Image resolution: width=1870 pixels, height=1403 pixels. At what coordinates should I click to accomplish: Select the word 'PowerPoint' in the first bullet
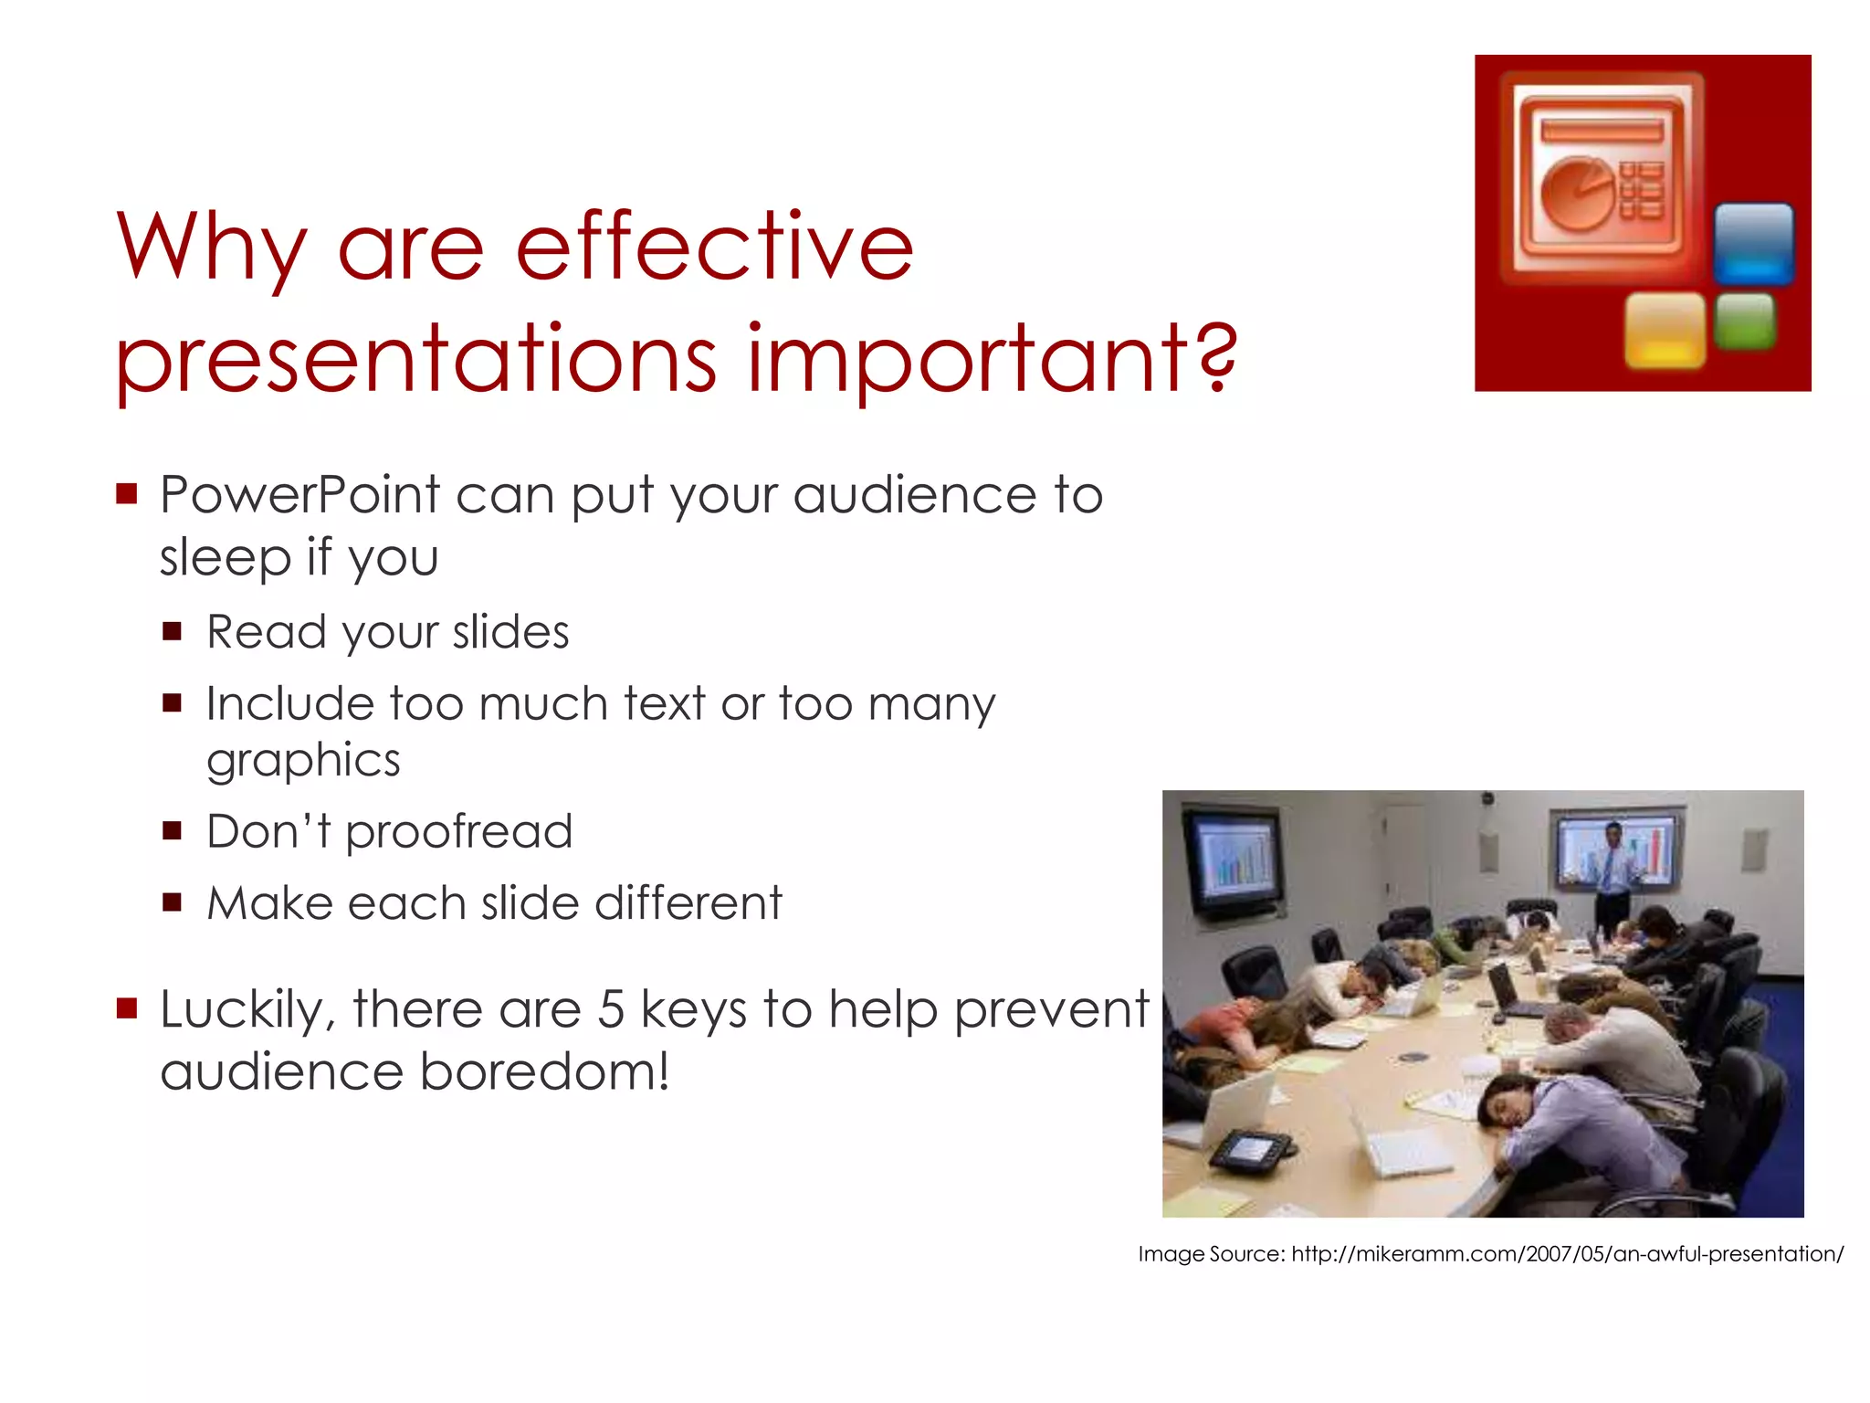tap(299, 495)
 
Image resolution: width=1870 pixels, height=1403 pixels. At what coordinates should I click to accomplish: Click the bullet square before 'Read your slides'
tap(172, 631)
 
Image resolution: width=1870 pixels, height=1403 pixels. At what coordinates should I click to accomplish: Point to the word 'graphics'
tap(303, 760)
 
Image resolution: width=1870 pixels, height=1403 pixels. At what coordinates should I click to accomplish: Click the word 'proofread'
tap(458, 831)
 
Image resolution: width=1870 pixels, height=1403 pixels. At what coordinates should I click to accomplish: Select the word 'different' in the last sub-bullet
tap(688, 902)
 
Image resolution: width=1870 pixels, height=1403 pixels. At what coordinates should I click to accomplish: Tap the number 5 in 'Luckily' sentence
tap(611, 1009)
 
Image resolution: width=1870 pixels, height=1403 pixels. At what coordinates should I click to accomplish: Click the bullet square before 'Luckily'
tap(126, 1008)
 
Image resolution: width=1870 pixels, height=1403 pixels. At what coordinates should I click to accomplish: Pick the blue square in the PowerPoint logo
tap(1752, 243)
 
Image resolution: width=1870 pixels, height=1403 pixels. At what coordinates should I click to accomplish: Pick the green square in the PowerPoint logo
tap(1744, 321)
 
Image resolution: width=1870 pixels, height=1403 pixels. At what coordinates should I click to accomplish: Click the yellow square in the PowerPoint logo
tap(1665, 330)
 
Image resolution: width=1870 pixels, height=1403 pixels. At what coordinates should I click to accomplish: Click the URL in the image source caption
tap(1567, 1254)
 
